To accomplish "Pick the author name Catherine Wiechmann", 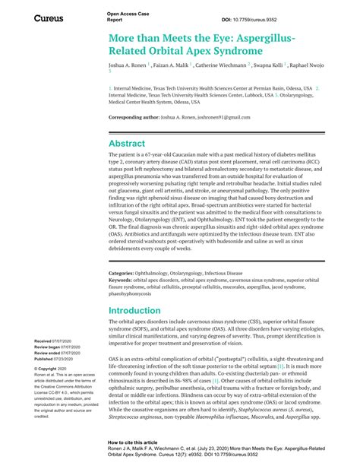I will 216,66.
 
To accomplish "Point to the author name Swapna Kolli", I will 270,66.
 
